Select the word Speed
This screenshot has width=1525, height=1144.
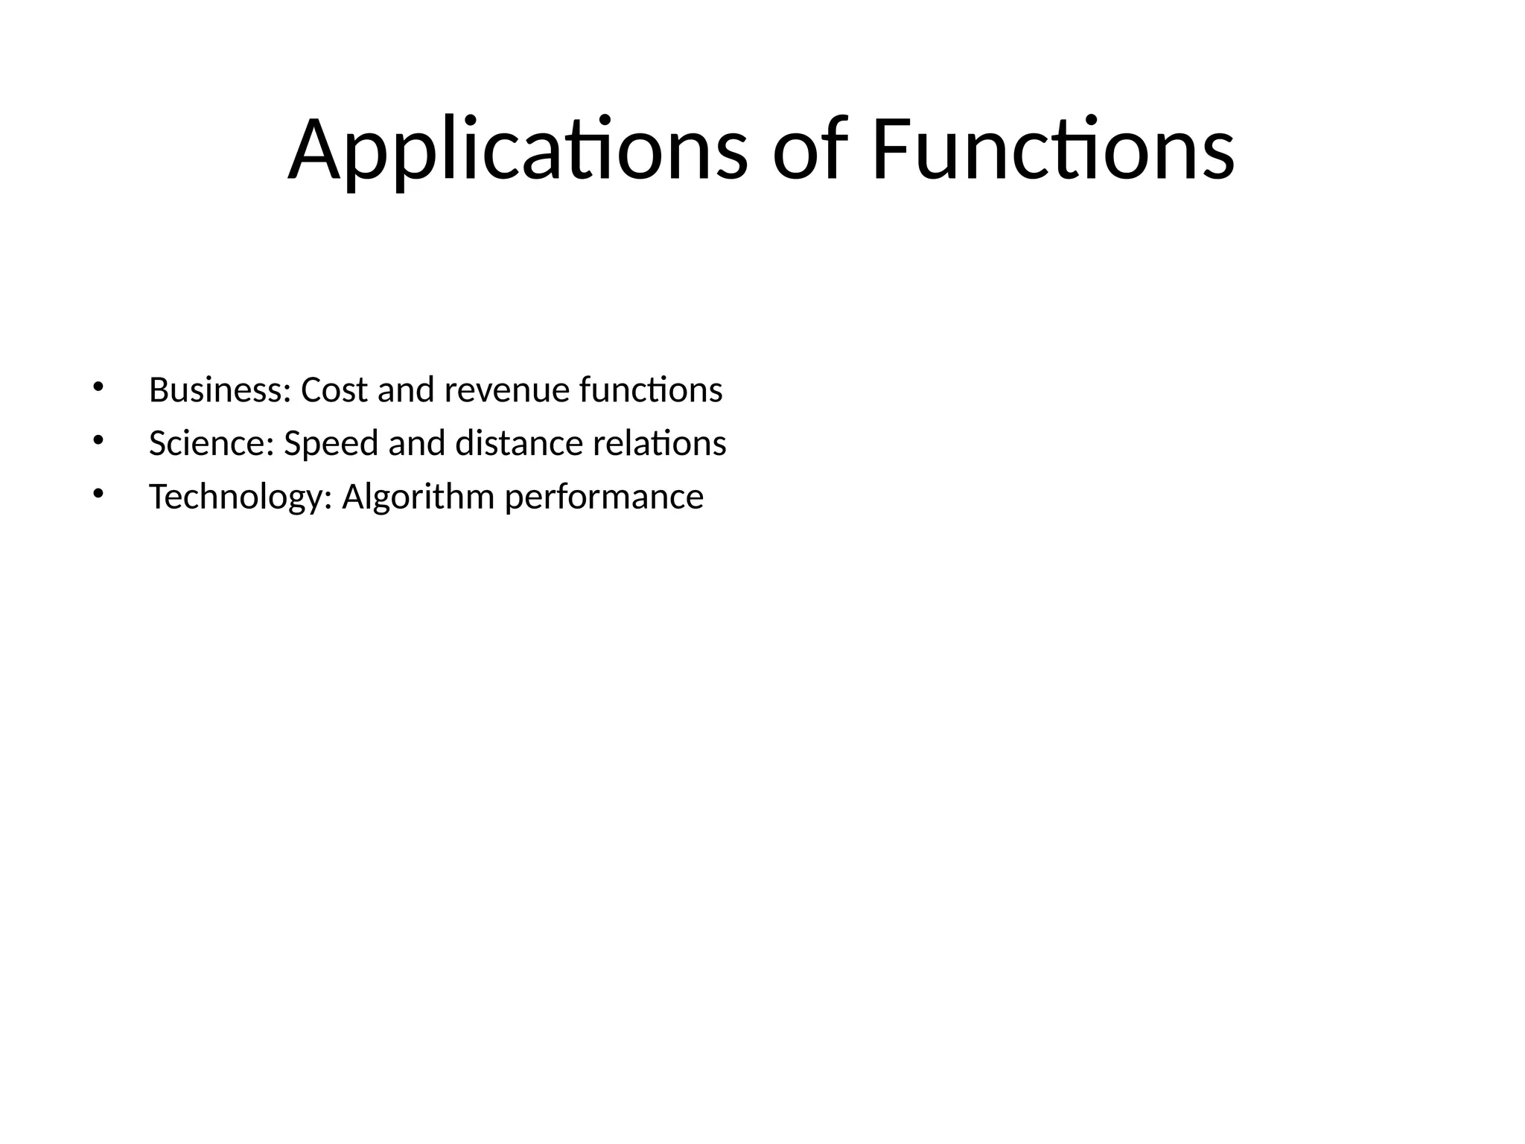pos(331,443)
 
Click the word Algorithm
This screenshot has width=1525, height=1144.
pos(418,497)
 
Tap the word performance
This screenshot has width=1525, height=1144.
pos(604,497)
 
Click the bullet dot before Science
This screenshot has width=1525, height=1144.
pos(98,440)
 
